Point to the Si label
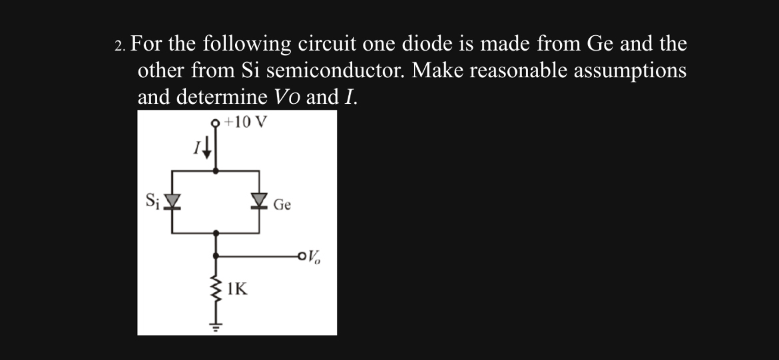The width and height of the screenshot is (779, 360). click(x=152, y=200)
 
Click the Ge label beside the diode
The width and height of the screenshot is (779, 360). click(x=282, y=206)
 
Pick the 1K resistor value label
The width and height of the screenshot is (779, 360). click(x=237, y=289)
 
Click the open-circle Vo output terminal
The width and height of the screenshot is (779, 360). click(x=304, y=255)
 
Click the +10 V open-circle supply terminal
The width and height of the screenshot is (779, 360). click(x=214, y=122)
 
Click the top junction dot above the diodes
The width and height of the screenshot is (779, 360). click(x=214, y=171)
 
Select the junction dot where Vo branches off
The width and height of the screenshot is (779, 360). click(x=215, y=255)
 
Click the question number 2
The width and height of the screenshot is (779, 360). click(x=119, y=46)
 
